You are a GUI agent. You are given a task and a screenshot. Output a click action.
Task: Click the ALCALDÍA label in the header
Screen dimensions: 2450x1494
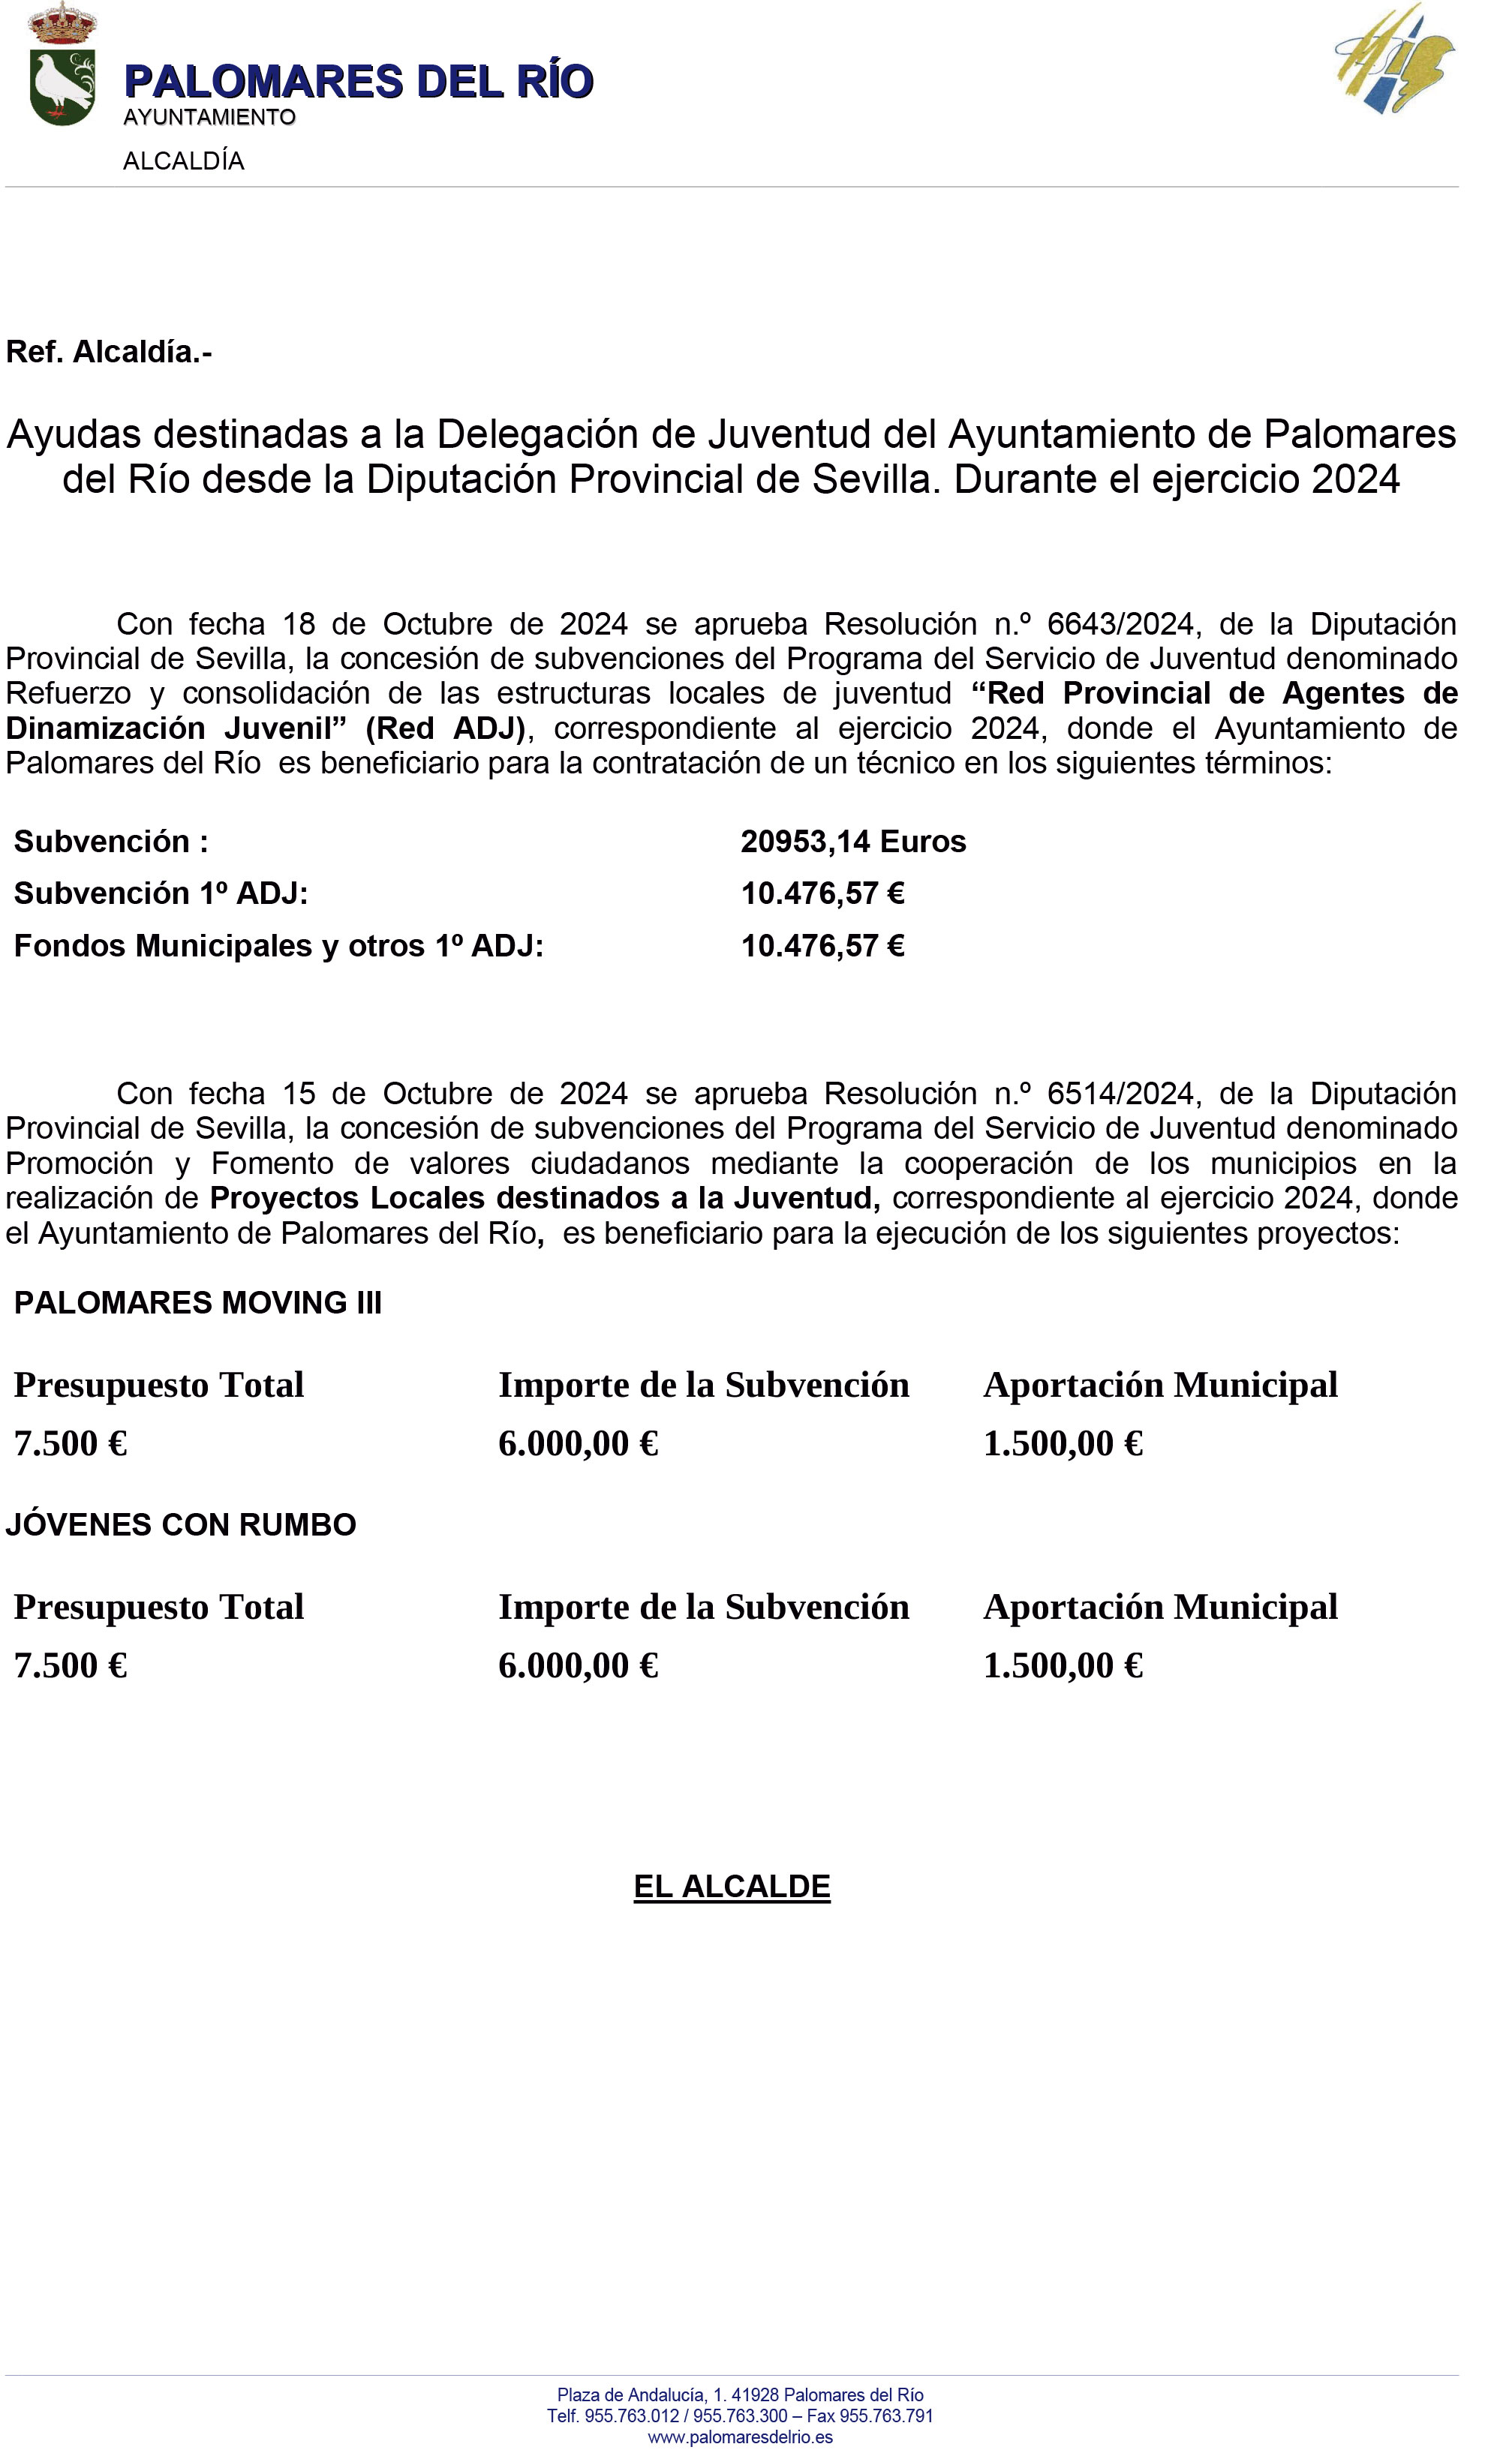(183, 161)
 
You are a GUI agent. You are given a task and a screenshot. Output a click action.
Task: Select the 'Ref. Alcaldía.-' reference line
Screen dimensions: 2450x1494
(110, 352)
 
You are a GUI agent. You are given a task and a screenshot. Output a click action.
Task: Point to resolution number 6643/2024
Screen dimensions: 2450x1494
(1119, 624)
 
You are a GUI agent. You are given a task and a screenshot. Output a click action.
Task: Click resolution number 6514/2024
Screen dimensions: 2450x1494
(1119, 1094)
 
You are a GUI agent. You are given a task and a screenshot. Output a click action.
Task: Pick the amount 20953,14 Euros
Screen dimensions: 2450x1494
(852, 842)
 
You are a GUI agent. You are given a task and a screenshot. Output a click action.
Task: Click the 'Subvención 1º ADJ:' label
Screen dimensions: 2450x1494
(161, 894)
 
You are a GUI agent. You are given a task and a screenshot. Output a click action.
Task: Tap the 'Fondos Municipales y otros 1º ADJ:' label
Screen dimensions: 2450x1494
(278, 946)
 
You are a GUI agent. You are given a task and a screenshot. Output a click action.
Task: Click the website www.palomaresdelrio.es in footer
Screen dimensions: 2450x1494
(740, 2437)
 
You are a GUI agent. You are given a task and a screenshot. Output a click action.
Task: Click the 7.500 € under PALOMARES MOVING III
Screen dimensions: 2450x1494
(71, 1444)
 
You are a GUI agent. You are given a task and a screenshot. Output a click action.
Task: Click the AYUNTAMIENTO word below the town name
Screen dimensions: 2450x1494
(209, 117)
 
